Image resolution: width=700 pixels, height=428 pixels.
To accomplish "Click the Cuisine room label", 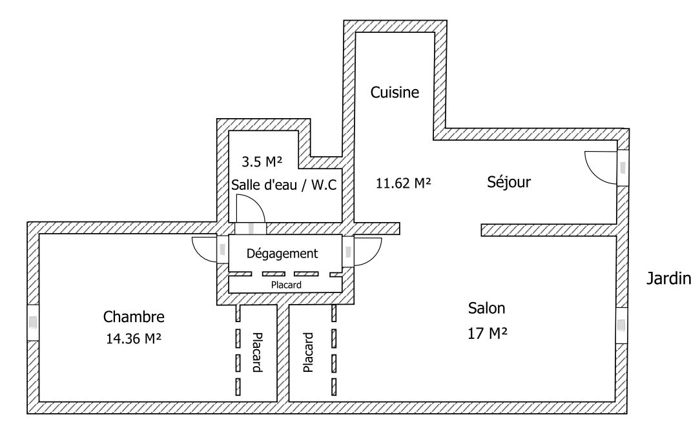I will [x=395, y=92].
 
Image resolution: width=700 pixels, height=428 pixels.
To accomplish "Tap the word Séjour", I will [x=508, y=183].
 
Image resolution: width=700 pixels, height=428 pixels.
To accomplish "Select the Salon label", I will [x=487, y=308].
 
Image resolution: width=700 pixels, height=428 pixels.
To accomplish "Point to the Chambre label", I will [x=134, y=317].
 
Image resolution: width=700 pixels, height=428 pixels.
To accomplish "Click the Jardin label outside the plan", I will [x=668, y=280].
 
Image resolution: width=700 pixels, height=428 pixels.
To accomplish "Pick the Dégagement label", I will [x=283, y=254].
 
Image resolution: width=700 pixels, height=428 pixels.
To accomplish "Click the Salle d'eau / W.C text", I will [x=284, y=185].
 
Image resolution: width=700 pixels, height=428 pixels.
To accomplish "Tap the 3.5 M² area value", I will [x=262, y=161].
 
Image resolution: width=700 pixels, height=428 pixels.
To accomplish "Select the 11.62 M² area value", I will [x=403, y=183].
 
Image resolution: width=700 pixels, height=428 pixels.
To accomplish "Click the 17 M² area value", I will [x=487, y=334].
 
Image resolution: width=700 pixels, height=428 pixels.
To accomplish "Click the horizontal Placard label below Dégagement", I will [x=285, y=284].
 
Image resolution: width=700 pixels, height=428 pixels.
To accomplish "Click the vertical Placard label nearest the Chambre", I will [x=256, y=352].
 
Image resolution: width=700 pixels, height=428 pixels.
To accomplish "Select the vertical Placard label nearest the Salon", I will [x=308, y=352].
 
